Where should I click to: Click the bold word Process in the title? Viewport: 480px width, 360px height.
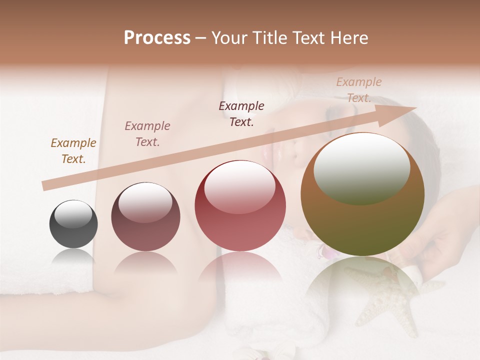[157, 37]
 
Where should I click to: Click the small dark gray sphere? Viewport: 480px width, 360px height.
[73, 224]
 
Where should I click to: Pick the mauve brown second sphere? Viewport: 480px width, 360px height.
[145, 217]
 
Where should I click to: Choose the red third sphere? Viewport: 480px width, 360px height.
[240, 205]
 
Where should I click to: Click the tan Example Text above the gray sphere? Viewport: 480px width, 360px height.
[73, 151]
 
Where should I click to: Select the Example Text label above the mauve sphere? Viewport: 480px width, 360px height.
[147, 134]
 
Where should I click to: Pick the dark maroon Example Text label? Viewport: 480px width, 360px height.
[241, 113]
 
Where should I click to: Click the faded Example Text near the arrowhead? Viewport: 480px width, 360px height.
[359, 89]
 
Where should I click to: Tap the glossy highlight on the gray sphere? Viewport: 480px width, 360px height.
[73, 213]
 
